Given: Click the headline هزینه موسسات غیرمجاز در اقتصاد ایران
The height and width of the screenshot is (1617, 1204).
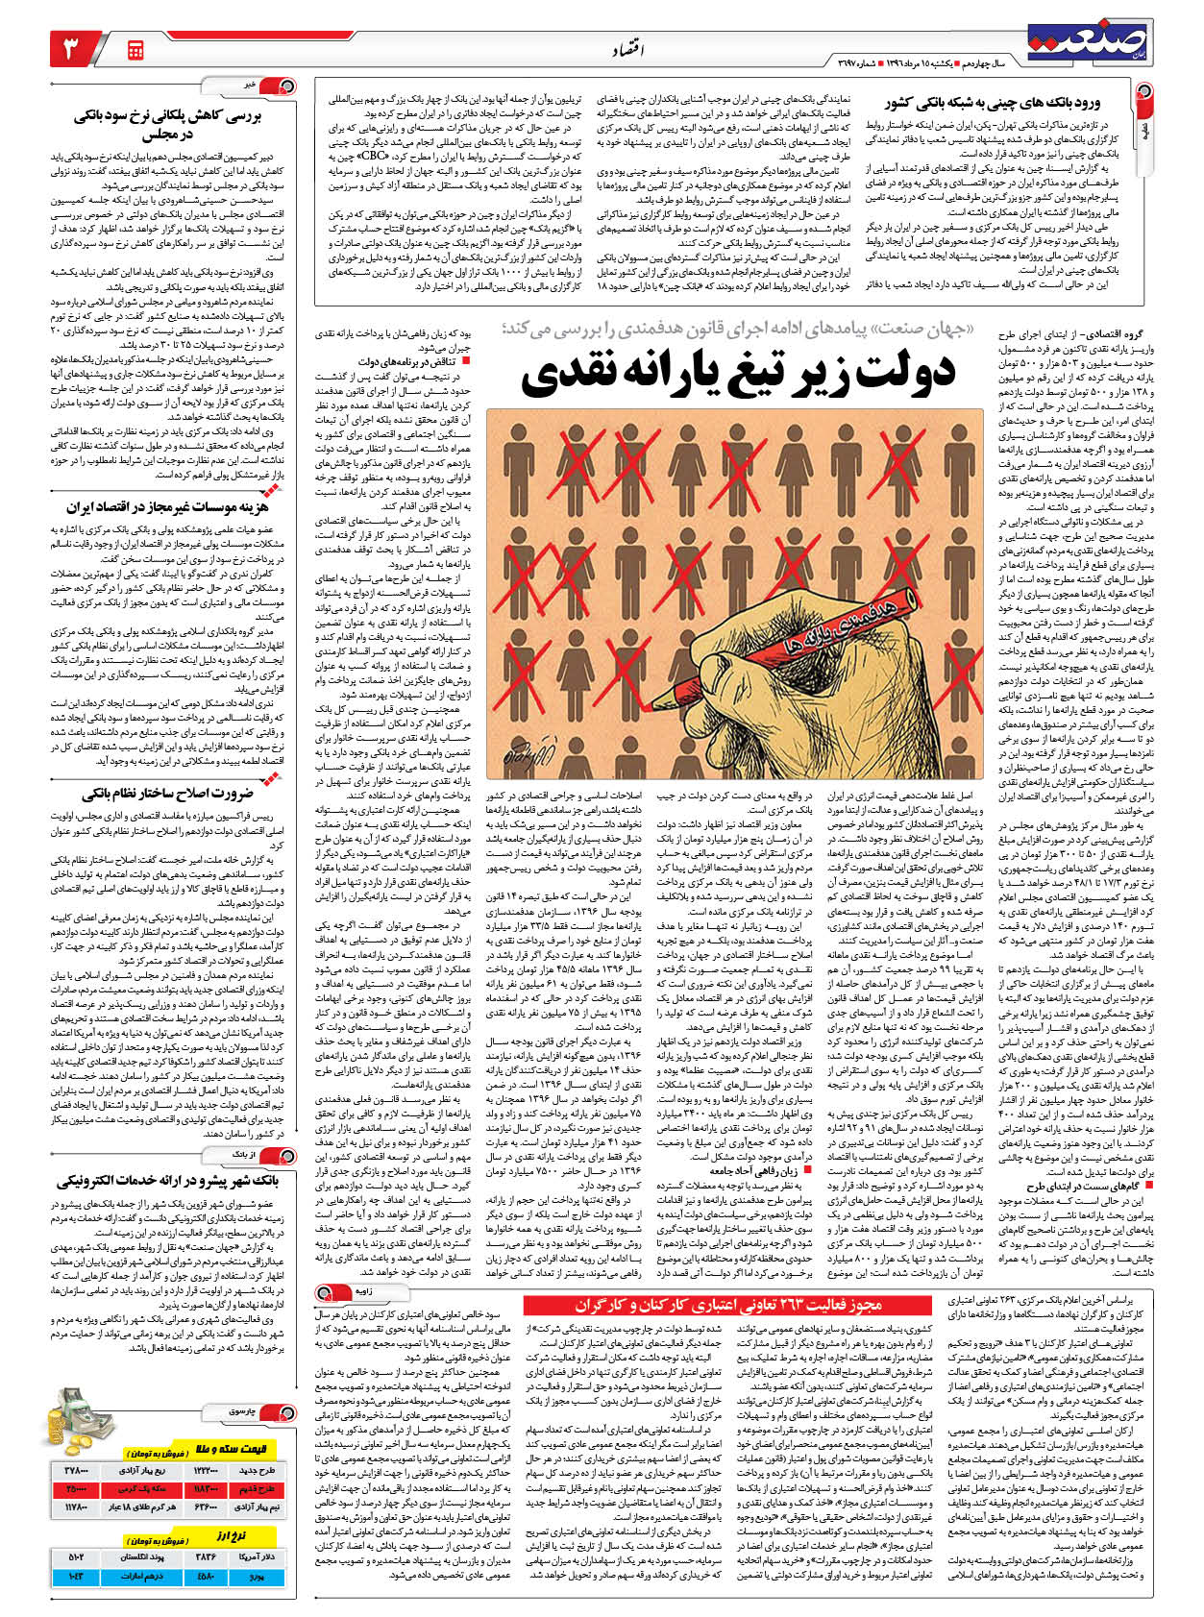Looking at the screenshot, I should [x=167, y=506].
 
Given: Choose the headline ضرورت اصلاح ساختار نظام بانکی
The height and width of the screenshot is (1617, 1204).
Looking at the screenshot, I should [x=167, y=793].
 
